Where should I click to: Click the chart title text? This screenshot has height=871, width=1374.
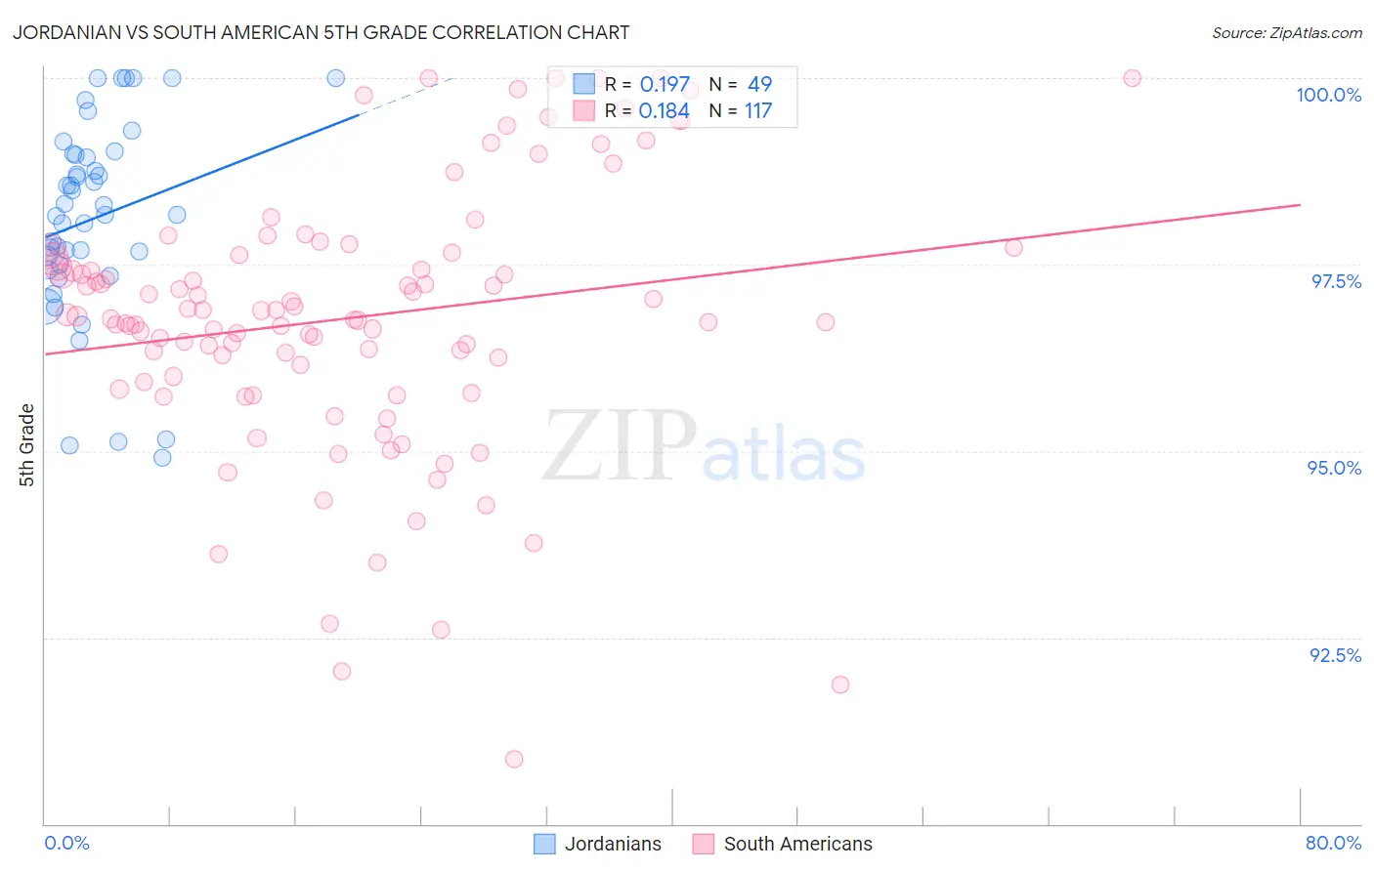(x=321, y=32)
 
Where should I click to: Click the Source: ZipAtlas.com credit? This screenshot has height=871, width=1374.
(x=1286, y=32)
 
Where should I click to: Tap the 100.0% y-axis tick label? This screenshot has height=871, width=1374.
(x=1328, y=95)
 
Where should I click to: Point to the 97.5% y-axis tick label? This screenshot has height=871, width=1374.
(x=1335, y=281)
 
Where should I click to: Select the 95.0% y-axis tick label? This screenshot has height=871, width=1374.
(x=1334, y=468)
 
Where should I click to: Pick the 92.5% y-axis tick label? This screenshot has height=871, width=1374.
(x=1335, y=655)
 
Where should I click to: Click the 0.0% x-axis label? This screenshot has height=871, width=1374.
(x=66, y=843)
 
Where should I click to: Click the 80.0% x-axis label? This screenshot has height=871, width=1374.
(x=1333, y=843)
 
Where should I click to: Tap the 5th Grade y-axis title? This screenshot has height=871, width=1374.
(x=27, y=445)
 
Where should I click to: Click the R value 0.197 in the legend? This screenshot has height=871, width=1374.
(x=665, y=85)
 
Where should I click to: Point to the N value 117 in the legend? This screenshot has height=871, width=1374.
(x=758, y=111)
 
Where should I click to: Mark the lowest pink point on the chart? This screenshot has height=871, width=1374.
(x=514, y=759)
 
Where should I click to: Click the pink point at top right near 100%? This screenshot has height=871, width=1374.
(x=1132, y=78)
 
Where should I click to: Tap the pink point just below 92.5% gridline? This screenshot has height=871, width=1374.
(x=840, y=684)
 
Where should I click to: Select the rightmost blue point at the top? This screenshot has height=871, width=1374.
(x=335, y=78)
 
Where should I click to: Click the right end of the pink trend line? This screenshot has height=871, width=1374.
(x=1300, y=205)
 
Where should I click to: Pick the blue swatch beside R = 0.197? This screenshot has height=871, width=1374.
(x=583, y=84)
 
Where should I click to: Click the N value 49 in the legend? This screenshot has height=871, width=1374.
(x=759, y=85)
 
